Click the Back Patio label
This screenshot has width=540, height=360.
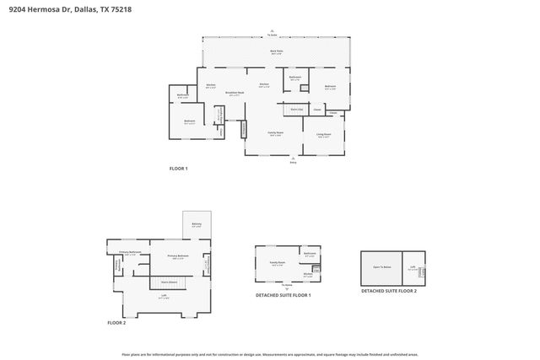[276, 51]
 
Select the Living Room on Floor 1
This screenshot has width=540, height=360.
[323, 135]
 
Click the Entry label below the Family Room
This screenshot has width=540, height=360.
[294, 162]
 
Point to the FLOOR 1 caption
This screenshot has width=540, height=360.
[178, 169]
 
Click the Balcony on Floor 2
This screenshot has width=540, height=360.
[196, 224]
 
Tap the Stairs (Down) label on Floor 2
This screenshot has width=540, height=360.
[169, 282]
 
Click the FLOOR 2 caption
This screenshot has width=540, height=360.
[116, 323]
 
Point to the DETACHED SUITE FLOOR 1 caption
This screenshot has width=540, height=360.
[283, 295]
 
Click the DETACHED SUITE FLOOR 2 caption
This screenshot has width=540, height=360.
[389, 291]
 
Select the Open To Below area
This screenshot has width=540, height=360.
[381, 267]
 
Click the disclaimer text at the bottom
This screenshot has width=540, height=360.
[270, 354]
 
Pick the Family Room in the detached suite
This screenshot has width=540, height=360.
[277, 264]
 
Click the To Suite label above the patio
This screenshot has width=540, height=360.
[273, 35]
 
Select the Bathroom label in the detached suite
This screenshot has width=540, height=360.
[309, 254]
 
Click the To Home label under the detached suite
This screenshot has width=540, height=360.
[287, 286]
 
